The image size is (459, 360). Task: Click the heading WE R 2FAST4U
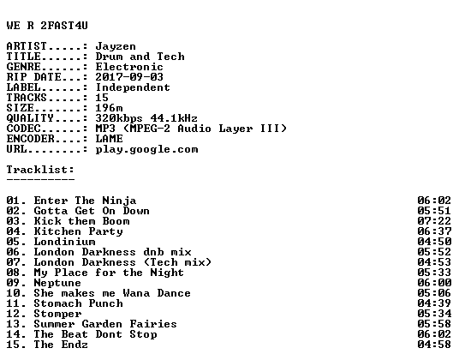point(47,26)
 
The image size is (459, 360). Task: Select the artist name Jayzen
point(116,46)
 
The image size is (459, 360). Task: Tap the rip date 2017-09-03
point(129,77)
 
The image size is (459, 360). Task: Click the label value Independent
point(133,87)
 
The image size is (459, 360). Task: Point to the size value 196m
point(109,108)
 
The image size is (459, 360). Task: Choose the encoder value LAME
point(109,139)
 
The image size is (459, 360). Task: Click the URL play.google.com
point(146,149)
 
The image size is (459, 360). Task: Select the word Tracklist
point(39,170)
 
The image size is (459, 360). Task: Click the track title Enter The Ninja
point(85,201)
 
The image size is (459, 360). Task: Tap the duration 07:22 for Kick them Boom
point(434,221)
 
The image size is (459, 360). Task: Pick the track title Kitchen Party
point(78,231)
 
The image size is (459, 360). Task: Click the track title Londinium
point(64,242)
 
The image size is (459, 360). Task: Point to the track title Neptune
point(57,283)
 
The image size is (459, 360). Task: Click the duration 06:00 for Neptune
point(434,283)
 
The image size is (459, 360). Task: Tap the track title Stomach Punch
point(78,303)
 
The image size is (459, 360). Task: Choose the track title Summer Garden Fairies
point(105,324)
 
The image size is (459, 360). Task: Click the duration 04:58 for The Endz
point(434,345)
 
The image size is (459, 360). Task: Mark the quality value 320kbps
point(119,118)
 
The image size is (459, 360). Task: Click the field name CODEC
point(23,129)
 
